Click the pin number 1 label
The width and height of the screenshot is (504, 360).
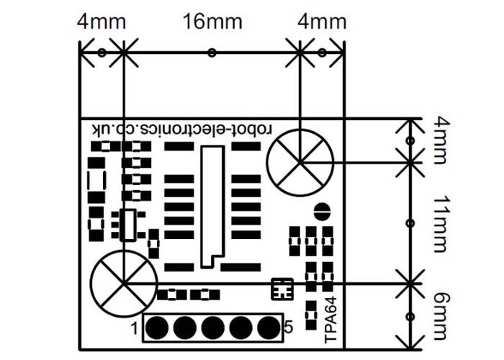point(135,329)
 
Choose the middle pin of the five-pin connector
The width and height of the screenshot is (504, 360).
point(212,328)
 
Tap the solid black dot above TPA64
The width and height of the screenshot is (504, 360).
point(322,212)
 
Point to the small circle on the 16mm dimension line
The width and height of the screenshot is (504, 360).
point(211,52)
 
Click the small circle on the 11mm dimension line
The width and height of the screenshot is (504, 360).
point(410,223)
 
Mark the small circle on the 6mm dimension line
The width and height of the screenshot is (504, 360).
point(410,317)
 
